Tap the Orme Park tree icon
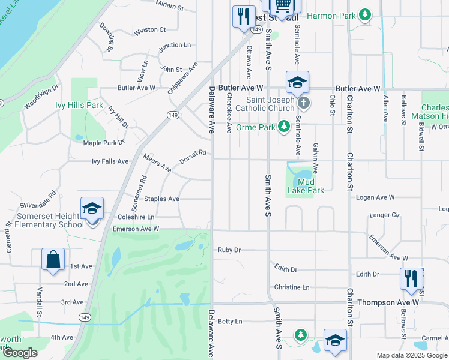[x=285, y=127]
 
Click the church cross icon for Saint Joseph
[x=304, y=103]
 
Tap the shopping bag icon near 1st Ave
[x=53, y=259]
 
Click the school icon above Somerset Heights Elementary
[x=92, y=208]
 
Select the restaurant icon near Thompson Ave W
[x=411, y=278]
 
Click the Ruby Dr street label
[x=229, y=250]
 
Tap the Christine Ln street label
[x=291, y=287]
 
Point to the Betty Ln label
[x=230, y=322]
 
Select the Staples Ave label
[x=161, y=199]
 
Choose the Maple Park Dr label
[x=103, y=143]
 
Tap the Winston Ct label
[x=150, y=29]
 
